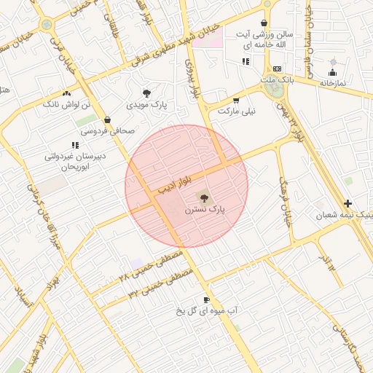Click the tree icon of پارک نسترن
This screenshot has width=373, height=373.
click(203, 197)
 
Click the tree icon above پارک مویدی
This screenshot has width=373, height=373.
click(147, 93)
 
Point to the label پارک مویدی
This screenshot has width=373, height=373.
click(147, 105)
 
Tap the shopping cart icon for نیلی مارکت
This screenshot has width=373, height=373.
click(235, 101)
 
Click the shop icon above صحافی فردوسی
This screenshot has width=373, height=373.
click(108, 120)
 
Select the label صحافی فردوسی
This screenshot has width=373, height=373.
click(107, 131)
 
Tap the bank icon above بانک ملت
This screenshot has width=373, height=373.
click(276, 68)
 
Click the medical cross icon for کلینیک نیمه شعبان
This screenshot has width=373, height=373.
click(348, 204)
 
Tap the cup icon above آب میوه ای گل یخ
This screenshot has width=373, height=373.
click(207, 299)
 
